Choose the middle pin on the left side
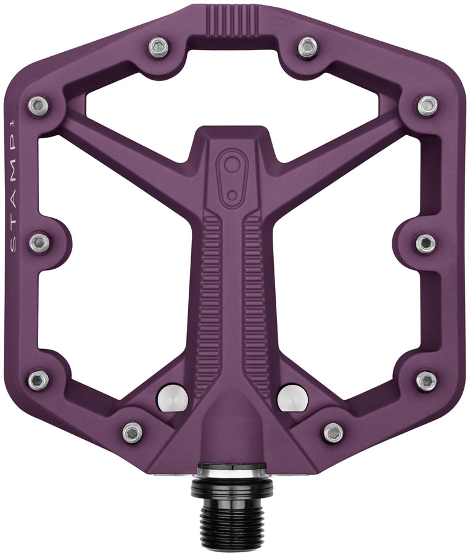(x=39, y=241)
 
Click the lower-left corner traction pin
(x=38, y=377)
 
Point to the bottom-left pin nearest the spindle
(x=132, y=432)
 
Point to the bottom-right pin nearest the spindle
(x=333, y=432)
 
